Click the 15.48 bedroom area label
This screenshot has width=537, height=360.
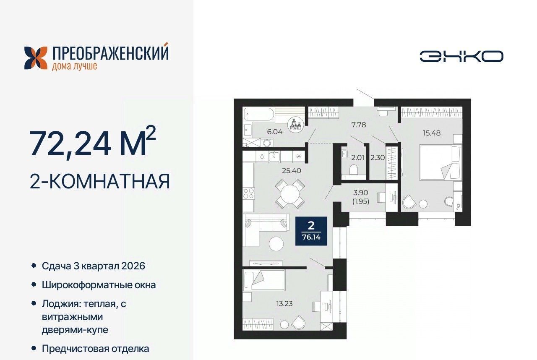pos(432,133)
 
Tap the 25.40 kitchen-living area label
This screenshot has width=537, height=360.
pos(292,171)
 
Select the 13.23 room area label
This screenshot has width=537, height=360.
pos(284,304)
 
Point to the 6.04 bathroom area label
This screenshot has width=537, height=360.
pos(275,132)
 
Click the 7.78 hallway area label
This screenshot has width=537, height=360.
pos(359,125)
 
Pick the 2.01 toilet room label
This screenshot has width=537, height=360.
pos(358,158)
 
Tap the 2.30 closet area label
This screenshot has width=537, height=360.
pos(378,158)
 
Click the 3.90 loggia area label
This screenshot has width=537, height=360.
pos(361,193)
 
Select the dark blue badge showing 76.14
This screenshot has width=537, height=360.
pos(311,231)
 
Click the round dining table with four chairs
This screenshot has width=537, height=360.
pos(290,194)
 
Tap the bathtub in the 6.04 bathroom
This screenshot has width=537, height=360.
pos(259,114)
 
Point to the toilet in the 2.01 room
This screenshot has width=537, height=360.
pos(353,170)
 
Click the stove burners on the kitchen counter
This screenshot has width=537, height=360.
pos(248,194)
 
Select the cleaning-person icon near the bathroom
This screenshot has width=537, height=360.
pos(296,125)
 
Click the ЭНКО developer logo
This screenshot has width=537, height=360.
pos(461,57)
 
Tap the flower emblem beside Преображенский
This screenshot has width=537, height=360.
pos(36,58)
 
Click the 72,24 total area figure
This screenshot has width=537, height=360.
pos(70,143)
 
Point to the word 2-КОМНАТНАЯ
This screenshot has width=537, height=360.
pos(100,181)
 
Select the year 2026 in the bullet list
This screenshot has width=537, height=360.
pos(133,266)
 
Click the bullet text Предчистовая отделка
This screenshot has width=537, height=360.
pos(95,349)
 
